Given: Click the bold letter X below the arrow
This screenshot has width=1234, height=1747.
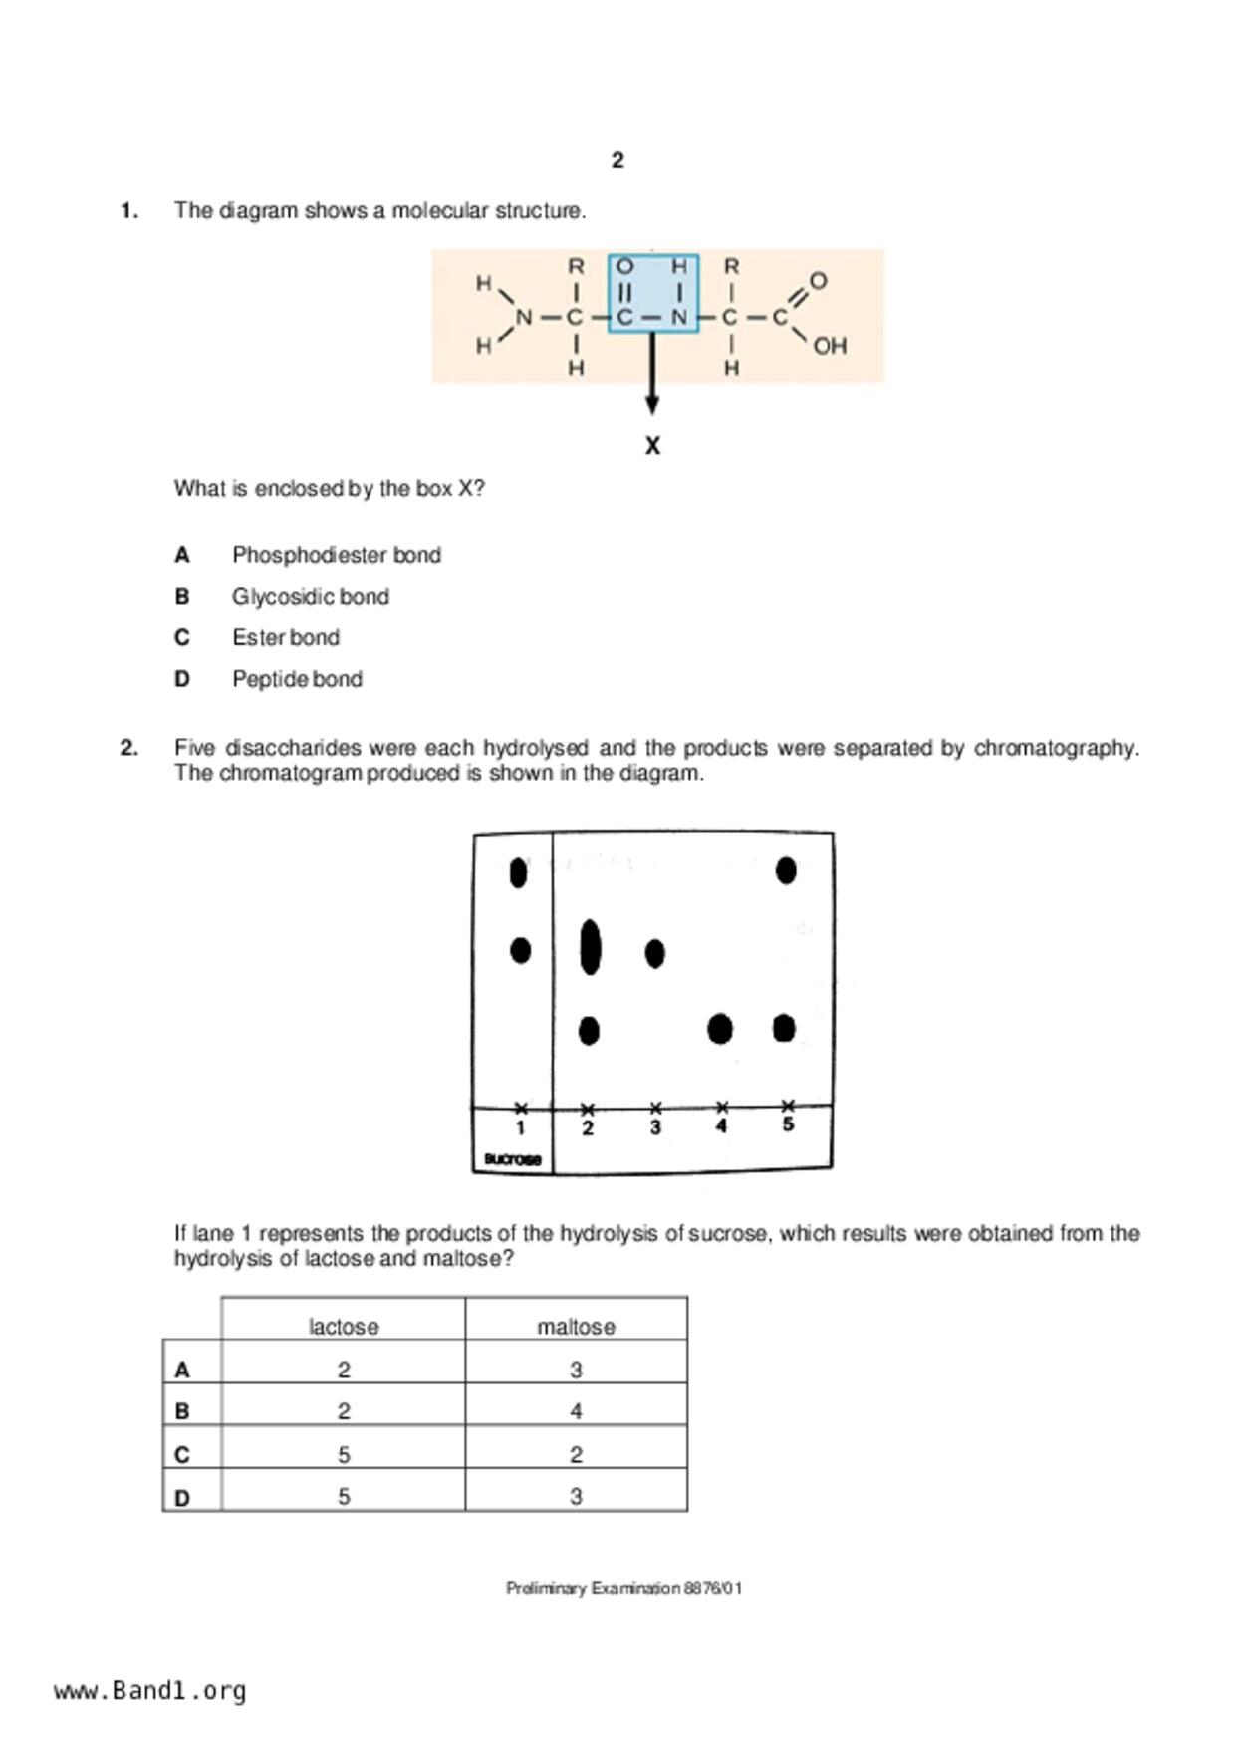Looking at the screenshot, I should (652, 446).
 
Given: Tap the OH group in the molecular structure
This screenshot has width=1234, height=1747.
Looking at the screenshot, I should (829, 346).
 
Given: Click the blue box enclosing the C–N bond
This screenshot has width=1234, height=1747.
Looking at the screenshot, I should (652, 293).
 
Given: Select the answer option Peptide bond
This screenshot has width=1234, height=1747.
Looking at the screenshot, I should (297, 679).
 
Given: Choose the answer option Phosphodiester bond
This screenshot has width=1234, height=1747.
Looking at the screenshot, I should (336, 555).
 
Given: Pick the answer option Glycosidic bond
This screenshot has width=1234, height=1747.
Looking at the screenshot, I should (310, 597).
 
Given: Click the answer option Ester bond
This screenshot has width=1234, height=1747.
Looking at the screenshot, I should (285, 637).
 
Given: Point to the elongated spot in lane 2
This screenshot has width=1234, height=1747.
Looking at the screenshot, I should (590, 947).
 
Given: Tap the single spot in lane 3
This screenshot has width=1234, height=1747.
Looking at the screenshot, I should (654, 953).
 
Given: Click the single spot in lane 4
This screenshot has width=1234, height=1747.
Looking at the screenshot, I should (720, 1029).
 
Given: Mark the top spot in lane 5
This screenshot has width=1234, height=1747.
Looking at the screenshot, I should (786, 871).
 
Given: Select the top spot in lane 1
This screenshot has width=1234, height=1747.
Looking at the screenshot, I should (518, 873).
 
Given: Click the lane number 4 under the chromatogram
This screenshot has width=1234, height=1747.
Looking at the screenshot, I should (721, 1126).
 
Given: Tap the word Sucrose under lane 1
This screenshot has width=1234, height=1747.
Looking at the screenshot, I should (512, 1159).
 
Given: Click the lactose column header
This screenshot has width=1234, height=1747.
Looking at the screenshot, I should (343, 1327).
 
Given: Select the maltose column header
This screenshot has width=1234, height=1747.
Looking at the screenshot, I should (576, 1327).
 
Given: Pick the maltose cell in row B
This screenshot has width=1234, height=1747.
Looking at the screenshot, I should (576, 1411).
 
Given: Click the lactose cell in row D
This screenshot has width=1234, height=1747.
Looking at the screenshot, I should (343, 1496).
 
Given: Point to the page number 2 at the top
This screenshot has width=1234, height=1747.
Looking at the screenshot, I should (617, 160).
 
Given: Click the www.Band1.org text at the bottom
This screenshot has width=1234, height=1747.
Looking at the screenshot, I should (150, 1691).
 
